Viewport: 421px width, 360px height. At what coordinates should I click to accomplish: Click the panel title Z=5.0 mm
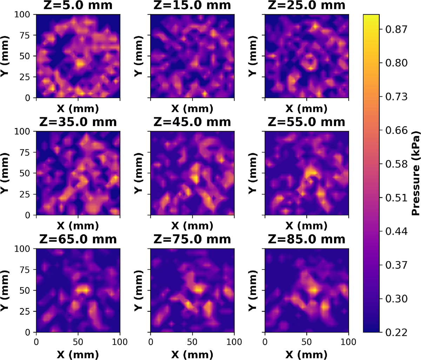[x=78, y=5]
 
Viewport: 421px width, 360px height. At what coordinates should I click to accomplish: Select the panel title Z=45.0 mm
[x=192, y=122]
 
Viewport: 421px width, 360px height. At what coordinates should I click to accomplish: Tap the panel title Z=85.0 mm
[x=307, y=239]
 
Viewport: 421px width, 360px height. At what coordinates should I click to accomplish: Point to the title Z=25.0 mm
[x=307, y=5]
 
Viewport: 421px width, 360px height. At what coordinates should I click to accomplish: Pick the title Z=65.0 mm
[x=78, y=239]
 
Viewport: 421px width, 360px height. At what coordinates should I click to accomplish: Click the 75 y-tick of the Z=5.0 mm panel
[x=25, y=35]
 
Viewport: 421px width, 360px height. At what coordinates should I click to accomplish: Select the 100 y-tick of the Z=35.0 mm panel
[x=22, y=132]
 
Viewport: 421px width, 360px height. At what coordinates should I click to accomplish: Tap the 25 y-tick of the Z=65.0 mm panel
[x=25, y=312]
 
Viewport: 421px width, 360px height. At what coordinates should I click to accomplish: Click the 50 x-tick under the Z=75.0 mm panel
[x=192, y=342]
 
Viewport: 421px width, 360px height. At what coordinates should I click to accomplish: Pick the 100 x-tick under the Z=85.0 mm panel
[x=348, y=342]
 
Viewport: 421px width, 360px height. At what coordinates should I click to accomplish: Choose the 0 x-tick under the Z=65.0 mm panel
[x=36, y=342]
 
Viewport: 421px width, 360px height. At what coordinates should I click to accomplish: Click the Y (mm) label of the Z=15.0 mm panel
[x=138, y=56]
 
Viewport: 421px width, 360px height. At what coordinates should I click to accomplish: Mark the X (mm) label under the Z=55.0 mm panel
[x=307, y=226]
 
